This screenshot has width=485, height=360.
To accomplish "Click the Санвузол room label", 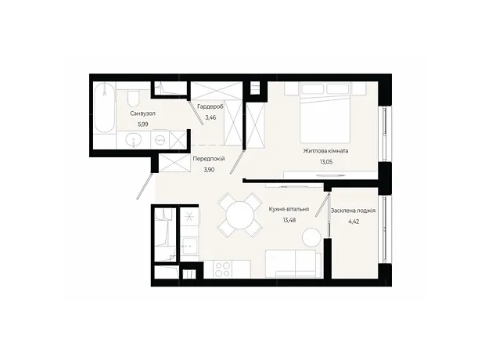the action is coord(142,113).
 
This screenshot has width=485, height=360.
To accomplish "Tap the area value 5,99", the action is coord(143,124).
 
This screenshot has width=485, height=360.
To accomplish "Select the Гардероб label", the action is coord(210,106).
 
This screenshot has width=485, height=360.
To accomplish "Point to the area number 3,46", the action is coord(210,117).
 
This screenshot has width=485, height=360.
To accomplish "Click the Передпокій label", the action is coord(209,159).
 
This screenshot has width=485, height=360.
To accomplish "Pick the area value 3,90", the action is coord(209,170).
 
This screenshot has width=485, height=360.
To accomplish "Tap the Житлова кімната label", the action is coord(325,151).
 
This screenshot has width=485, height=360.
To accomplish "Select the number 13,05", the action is coord(326,162).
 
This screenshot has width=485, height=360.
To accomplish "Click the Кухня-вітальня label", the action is coord(289,209).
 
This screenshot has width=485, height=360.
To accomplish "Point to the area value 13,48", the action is coord(289,220).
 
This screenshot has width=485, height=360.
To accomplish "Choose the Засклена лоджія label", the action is coord(354,211).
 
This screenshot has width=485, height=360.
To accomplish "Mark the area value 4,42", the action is coord(354,221).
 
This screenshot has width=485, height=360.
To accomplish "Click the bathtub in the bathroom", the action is coord(104,107).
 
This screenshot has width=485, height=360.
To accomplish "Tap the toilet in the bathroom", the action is coord(134,97).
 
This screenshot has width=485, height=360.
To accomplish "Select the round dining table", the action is coord(240,215).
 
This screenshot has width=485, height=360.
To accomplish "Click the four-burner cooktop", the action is coord(223,269).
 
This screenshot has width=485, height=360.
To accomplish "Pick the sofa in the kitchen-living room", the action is coord(293,264).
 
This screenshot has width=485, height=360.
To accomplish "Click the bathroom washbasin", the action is coord(134,140).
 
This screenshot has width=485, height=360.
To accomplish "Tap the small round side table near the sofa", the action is coord(311,237).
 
